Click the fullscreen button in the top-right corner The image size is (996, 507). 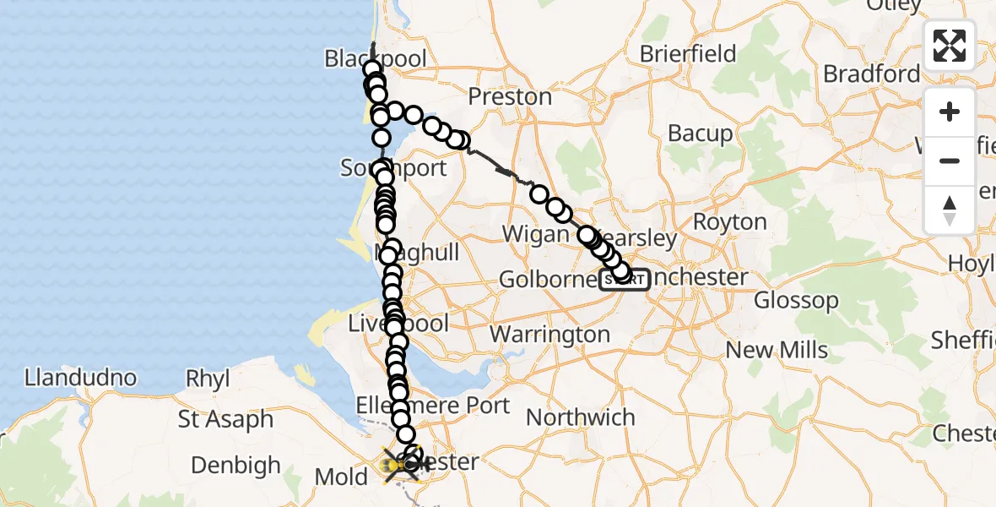950,46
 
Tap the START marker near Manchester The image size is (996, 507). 625,279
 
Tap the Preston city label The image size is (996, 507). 510,96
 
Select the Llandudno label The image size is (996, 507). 81,377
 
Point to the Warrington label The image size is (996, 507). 549,335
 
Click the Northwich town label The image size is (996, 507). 581,417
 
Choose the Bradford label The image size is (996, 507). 872,74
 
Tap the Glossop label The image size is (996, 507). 796,300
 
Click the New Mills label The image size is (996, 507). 777,350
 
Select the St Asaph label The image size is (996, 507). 225,419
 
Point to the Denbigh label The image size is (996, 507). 235,465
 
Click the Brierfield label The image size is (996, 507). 688,54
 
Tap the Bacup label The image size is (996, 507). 701,134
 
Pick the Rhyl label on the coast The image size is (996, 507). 208,379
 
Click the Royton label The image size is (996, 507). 730,222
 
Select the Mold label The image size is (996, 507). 341,477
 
